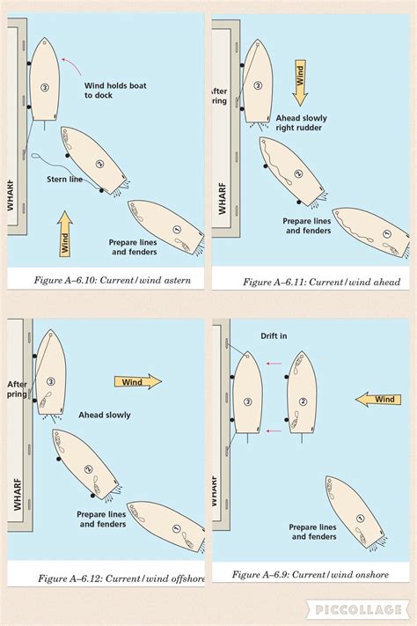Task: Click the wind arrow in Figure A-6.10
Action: (x=64, y=233)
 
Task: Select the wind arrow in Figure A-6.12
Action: (x=137, y=381)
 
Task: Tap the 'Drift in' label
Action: (x=274, y=335)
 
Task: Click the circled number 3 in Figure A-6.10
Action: (x=44, y=87)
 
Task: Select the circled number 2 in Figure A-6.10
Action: (x=99, y=164)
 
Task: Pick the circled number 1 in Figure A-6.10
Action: (x=176, y=230)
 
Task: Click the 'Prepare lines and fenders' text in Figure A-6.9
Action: (x=312, y=531)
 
